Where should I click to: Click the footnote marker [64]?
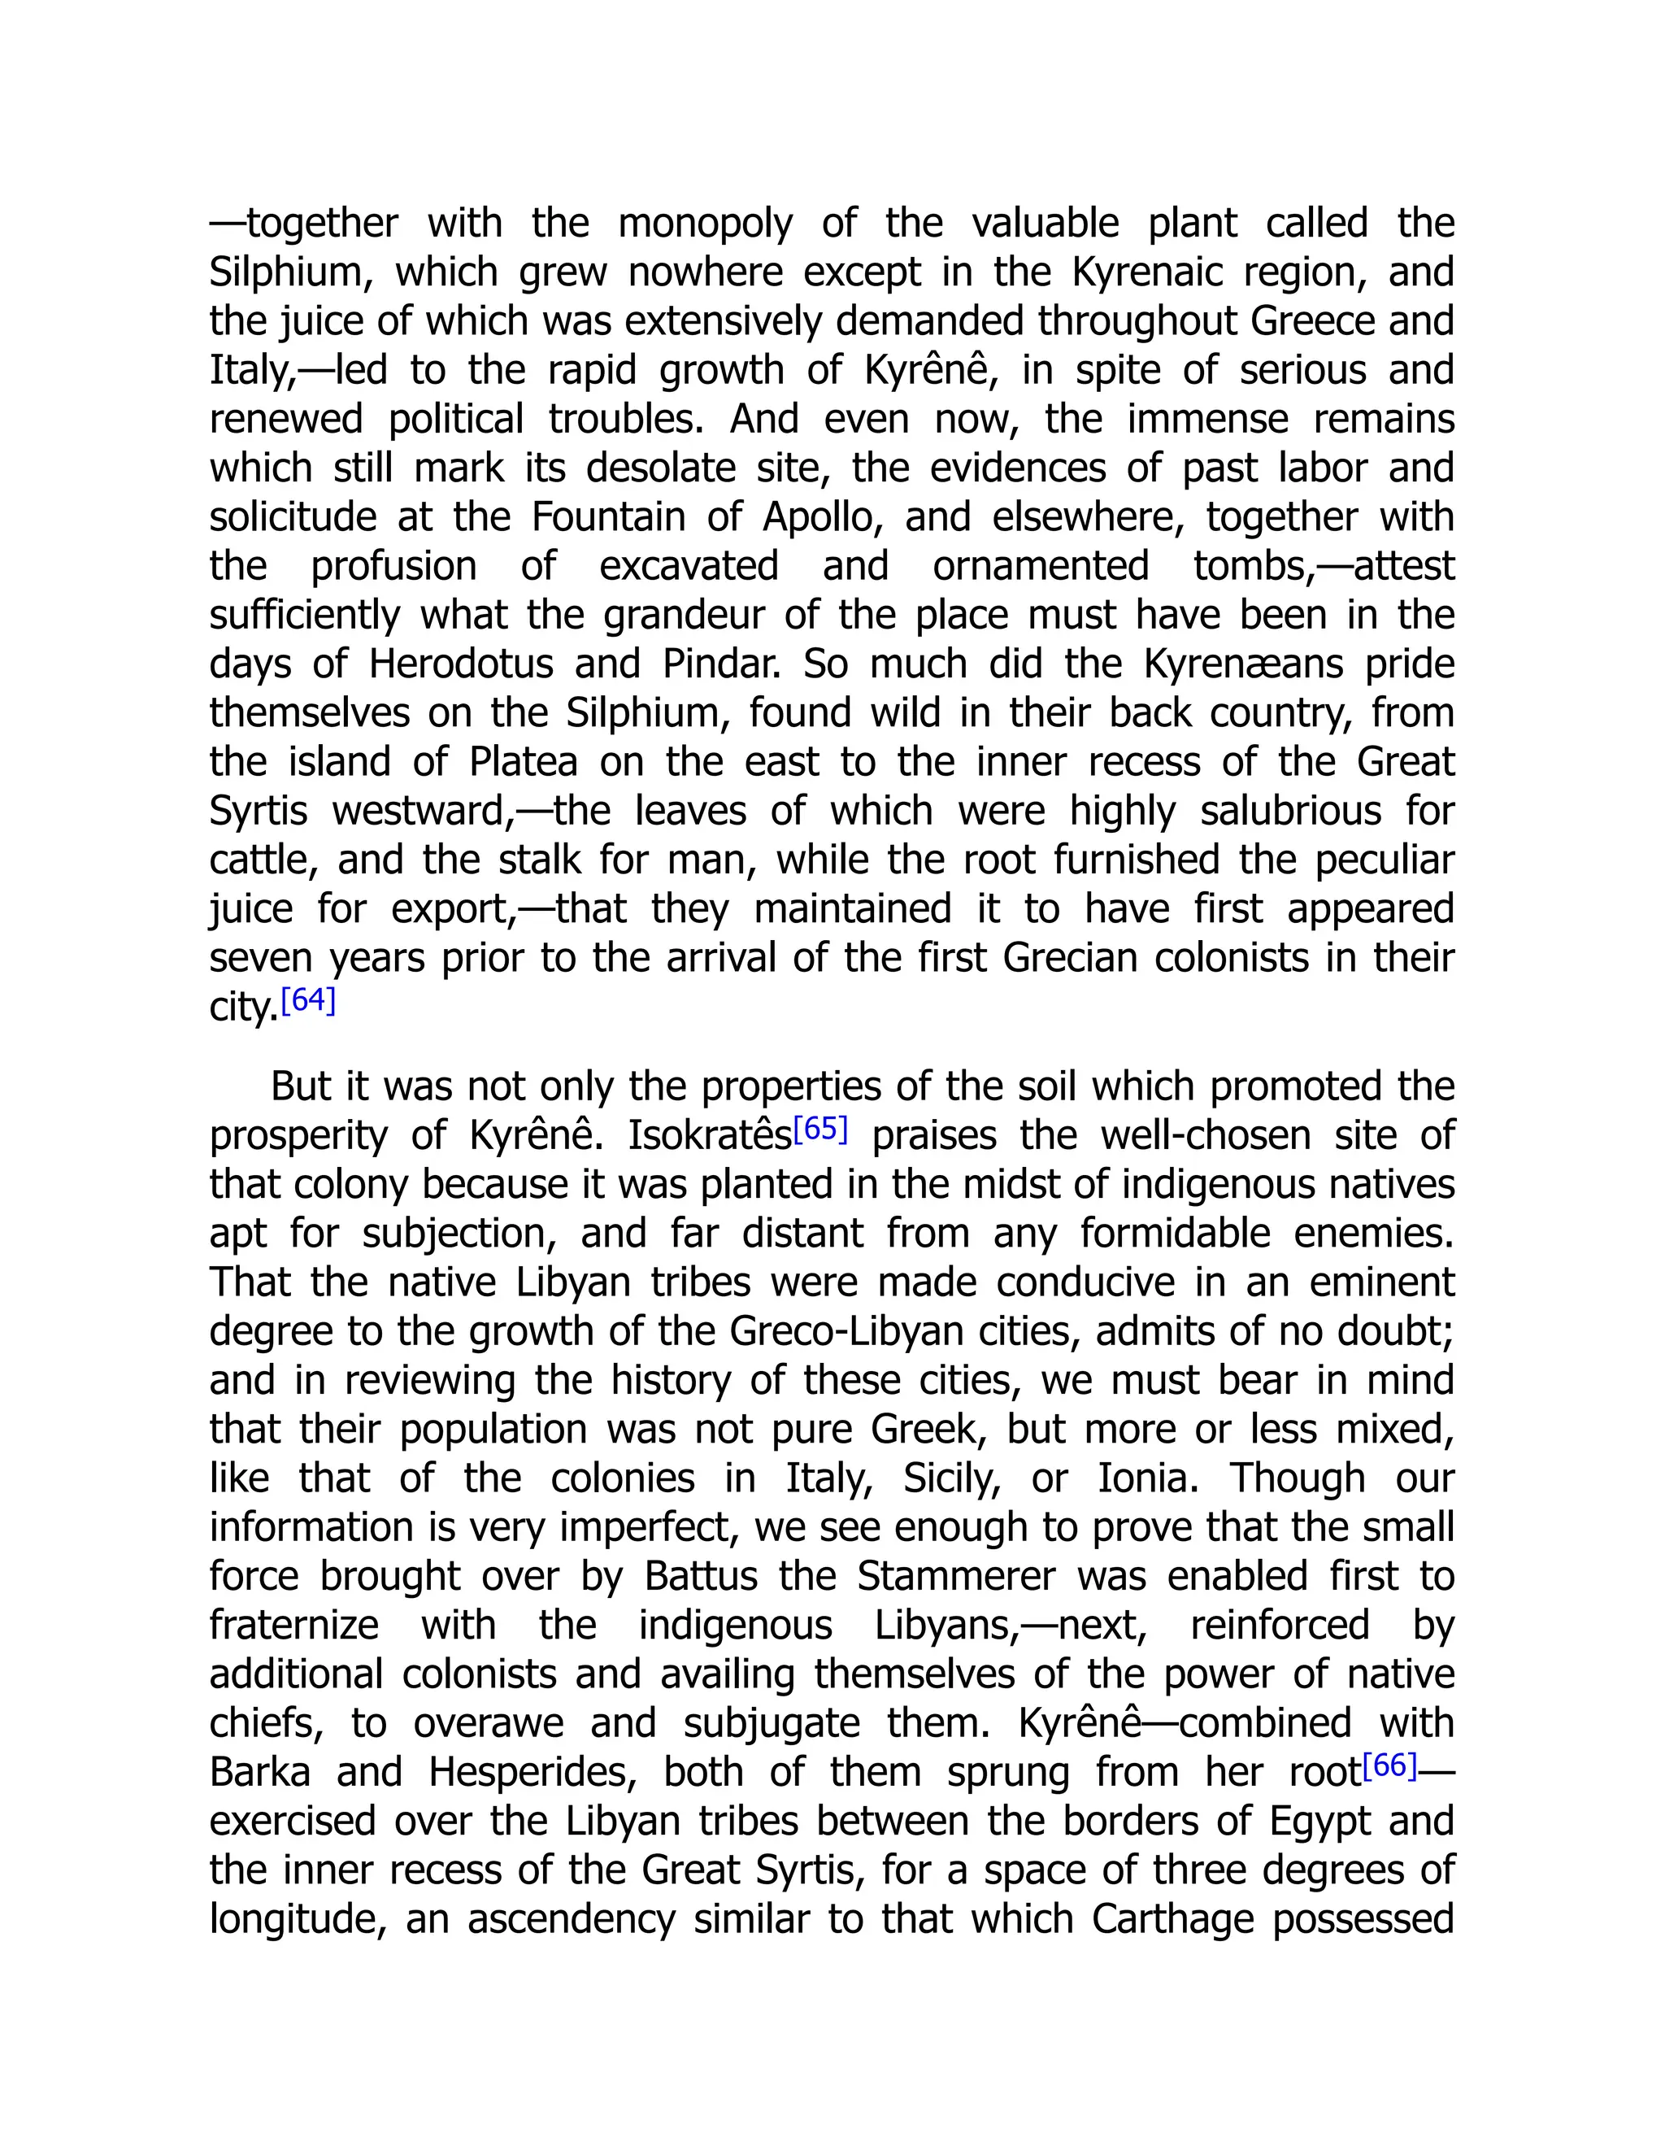click(x=309, y=1000)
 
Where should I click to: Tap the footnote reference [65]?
click(x=820, y=1129)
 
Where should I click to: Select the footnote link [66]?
click(x=1389, y=1765)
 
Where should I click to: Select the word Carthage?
click(x=1171, y=1919)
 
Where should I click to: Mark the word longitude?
click(x=296, y=1919)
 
